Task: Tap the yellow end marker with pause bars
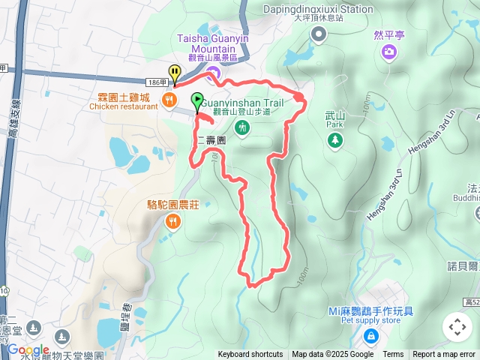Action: [175, 73]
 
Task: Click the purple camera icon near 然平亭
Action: [390, 51]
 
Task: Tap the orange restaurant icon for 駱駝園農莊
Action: [173, 220]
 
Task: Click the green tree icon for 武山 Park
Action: [334, 140]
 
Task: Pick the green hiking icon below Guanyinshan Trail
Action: [241, 128]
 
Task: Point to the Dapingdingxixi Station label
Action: [318, 9]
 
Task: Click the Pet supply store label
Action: [370, 320]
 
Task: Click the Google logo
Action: [28, 349]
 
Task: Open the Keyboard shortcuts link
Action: [250, 355]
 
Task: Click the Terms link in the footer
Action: [393, 355]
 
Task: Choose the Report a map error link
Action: [444, 355]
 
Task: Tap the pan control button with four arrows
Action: [457, 327]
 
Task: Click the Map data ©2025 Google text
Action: [332, 355]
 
